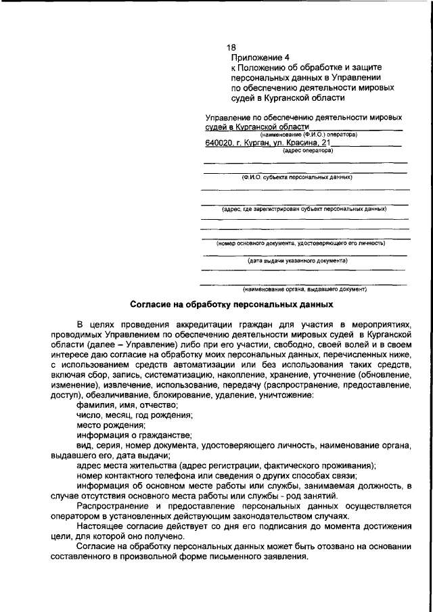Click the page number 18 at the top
pos(231,47)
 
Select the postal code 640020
pos(219,143)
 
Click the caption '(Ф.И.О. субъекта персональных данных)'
pos(298,177)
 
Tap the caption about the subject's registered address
pos(304,209)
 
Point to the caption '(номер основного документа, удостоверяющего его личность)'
pos(301,242)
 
